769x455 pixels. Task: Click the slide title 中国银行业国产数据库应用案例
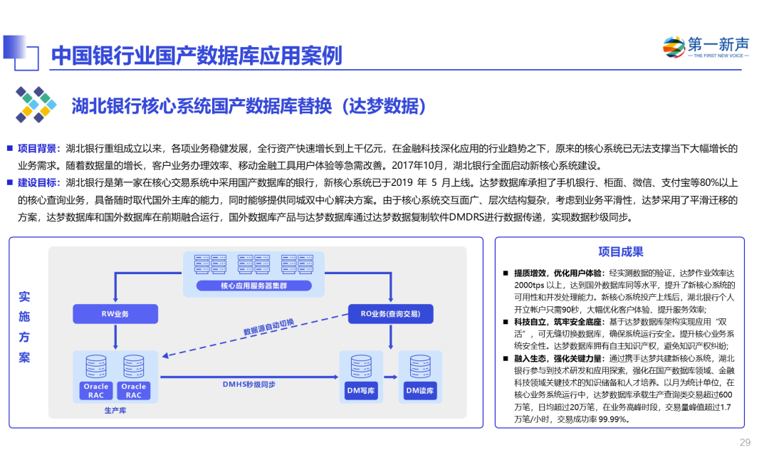(x=197, y=55)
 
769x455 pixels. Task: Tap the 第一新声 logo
(x=706, y=47)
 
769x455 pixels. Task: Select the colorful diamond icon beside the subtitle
(x=36, y=105)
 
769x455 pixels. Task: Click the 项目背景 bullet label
(x=38, y=148)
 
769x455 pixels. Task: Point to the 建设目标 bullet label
(x=38, y=182)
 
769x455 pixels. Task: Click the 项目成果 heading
(x=620, y=251)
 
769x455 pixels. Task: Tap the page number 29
(x=744, y=442)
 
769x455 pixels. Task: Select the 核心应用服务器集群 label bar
(x=254, y=286)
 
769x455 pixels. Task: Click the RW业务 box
(x=115, y=314)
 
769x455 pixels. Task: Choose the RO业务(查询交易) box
(x=390, y=314)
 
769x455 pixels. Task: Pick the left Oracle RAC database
(x=96, y=377)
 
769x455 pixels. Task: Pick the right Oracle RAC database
(x=134, y=377)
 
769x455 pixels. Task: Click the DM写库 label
(x=361, y=391)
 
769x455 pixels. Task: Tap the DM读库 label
(x=420, y=391)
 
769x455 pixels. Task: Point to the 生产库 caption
(x=115, y=411)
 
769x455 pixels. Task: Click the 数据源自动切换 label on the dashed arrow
(x=268, y=327)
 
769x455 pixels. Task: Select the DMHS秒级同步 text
(x=249, y=385)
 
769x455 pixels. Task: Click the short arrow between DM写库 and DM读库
(x=390, y=377)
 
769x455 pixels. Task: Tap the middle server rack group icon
(x=254, y=263)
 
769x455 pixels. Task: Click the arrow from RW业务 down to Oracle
(x=115, y=337)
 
